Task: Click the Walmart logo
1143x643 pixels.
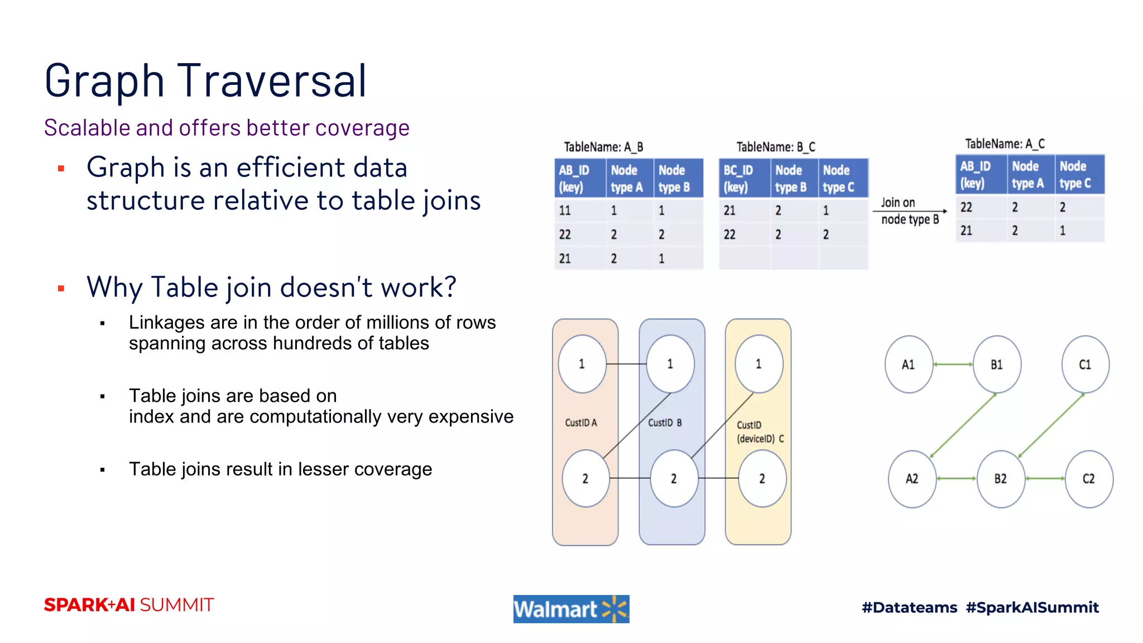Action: (x=571, y=608)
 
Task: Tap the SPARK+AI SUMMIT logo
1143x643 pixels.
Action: (x=129, y=605)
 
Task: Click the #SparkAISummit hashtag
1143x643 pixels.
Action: (x=1032, y=607)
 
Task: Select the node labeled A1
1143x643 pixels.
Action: (x=909, y=364)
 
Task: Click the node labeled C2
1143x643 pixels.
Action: (x=1088, y=479)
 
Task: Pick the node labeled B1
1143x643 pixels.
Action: (x=997, y=364)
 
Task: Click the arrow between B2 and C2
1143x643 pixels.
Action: (x=1045, y=478)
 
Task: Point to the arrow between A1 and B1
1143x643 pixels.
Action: (x=953, y=364)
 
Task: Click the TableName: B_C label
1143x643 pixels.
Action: (x=775, y=147)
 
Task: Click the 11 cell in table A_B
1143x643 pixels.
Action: (x=565, y=210)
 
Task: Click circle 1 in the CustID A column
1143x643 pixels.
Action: (x=582, y=364)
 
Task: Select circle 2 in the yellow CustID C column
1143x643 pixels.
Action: (x=762, y=478)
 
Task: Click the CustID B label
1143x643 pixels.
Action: (x=665, y=423)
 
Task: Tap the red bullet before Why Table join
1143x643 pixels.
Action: (x=61, y=289)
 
